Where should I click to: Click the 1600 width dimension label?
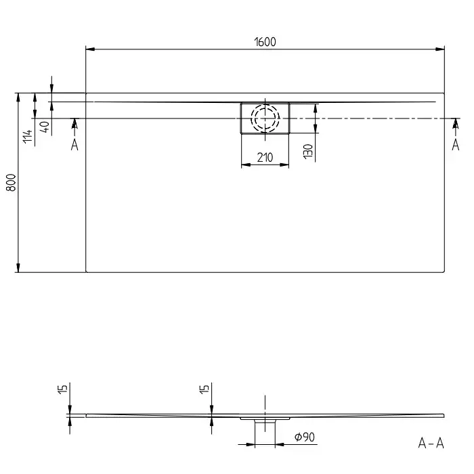[x=265, y=42]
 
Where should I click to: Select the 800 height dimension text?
[x=12, y=182]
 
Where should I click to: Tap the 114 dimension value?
[x=28, y=136]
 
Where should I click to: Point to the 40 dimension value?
[x=45, y=127]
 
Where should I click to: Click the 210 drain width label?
[x=265, y=157]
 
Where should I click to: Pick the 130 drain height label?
[x=307, y=151]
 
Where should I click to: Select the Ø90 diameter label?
[x=305, y=437]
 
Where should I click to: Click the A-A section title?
[x=431, y=443]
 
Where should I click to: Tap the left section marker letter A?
[x=74, y=145]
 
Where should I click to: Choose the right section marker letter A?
[x=456, y=145]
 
